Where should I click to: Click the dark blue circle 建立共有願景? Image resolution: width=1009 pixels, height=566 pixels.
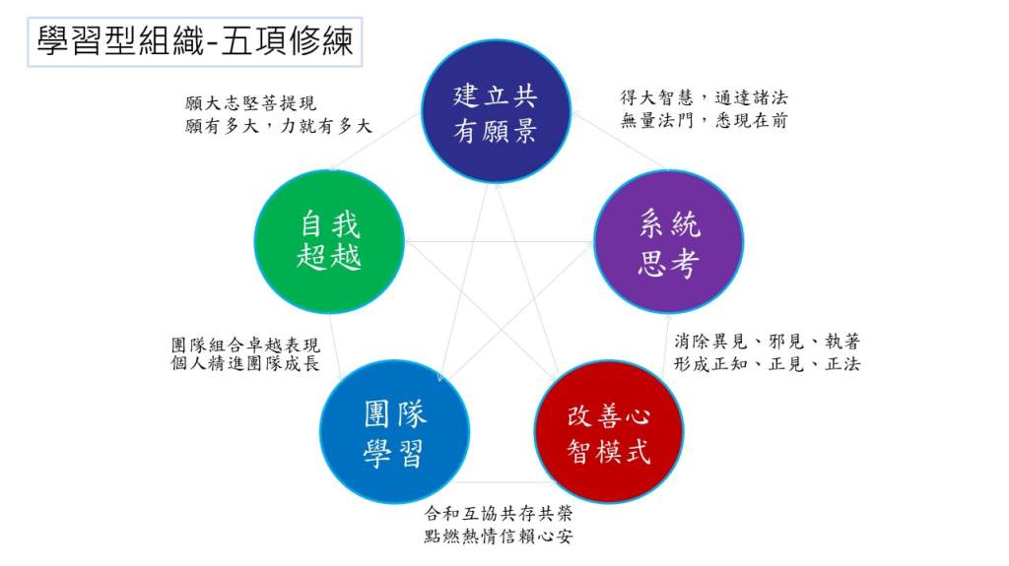[496, 111]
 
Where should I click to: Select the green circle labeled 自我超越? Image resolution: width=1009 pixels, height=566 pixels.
[329, 242]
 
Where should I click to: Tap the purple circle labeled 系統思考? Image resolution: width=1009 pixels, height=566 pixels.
[669, 242]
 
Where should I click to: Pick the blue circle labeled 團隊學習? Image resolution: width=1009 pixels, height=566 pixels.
[394, 431]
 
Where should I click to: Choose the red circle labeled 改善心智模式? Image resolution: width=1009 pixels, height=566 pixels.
[609, 431]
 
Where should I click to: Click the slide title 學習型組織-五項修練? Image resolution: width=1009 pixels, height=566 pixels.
[194, 42]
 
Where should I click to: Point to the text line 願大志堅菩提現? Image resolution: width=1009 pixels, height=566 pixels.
[250, 103]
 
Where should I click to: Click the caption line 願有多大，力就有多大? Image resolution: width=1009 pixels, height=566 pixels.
[278, 125]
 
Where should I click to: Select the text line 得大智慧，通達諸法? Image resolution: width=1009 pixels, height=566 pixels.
[704, 97]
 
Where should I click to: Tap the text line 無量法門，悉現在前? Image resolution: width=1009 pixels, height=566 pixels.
[704, 120]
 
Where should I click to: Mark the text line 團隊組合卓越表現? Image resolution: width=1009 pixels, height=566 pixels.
[245, 345]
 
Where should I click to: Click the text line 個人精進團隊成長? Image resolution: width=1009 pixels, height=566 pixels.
[245, 363]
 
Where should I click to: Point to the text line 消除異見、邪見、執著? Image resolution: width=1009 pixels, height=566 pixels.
[767, 341]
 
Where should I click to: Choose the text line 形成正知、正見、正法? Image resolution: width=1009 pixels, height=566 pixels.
[767, 364]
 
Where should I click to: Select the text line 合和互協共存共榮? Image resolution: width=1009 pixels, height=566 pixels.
[498, 513]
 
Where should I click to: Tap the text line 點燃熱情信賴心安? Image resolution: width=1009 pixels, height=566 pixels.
[498, 535]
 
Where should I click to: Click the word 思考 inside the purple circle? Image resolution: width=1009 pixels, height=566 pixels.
[669, 263]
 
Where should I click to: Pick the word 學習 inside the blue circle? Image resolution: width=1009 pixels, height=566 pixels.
[394, 453]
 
